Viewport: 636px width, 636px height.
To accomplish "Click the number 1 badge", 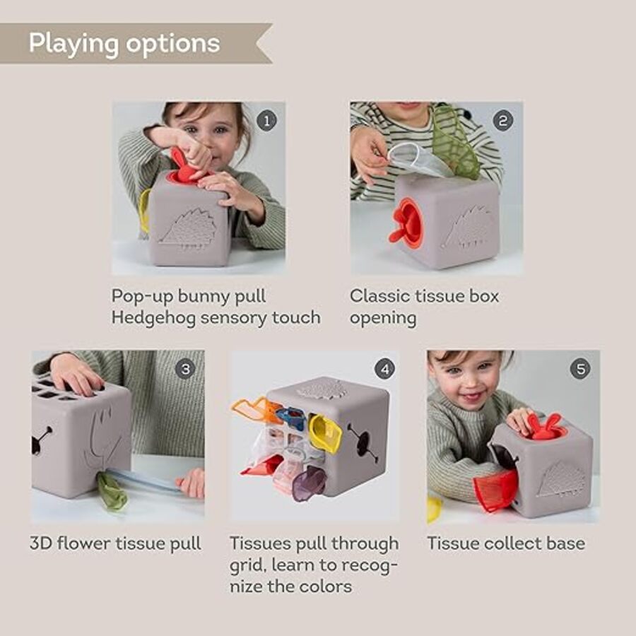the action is coord(266,121).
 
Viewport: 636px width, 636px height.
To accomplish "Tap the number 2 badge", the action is coord(503,121).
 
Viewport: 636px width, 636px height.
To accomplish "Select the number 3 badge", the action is coord(185,369).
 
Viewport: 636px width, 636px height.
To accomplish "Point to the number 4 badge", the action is coord(384,369).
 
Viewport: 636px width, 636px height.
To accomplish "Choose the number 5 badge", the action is coord(580,369).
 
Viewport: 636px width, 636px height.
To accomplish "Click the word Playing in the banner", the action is coord(73,44).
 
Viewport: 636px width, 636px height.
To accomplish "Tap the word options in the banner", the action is coord(173,44).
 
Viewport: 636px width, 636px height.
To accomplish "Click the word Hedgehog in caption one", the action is coord(153,318).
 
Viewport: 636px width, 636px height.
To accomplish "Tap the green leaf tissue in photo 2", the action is coord(454,142).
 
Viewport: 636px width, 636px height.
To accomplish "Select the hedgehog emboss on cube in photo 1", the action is coord(189,228).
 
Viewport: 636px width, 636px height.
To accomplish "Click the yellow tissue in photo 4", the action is coord(325,433).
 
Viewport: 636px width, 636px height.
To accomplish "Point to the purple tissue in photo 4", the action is coord(309,484).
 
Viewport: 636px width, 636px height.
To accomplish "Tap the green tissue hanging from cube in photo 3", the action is coord(111,492).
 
